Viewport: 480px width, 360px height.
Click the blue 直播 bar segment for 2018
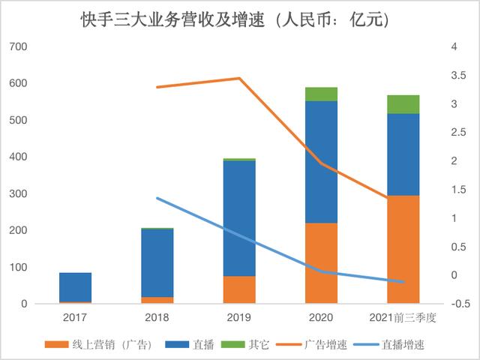(x=157, y=262)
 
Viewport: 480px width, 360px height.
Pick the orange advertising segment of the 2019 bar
(x=239, y=290)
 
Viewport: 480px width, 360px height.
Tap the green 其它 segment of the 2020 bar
(x=321, y=94)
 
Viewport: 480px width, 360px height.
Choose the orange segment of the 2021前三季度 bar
(x=403, y=250)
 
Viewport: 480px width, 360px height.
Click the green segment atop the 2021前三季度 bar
(x=403, y=104)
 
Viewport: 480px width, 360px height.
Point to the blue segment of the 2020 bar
(x=321, y=161)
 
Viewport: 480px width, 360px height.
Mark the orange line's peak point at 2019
(x=239, y=78)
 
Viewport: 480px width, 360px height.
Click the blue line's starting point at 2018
(x=157, y=198)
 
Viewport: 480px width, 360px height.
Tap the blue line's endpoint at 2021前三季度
(x=403, y=282)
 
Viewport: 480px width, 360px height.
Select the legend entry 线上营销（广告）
(x=98, y=344)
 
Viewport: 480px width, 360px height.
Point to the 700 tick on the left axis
(x=18, y=47)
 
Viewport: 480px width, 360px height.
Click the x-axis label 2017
(x=76, y=319)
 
